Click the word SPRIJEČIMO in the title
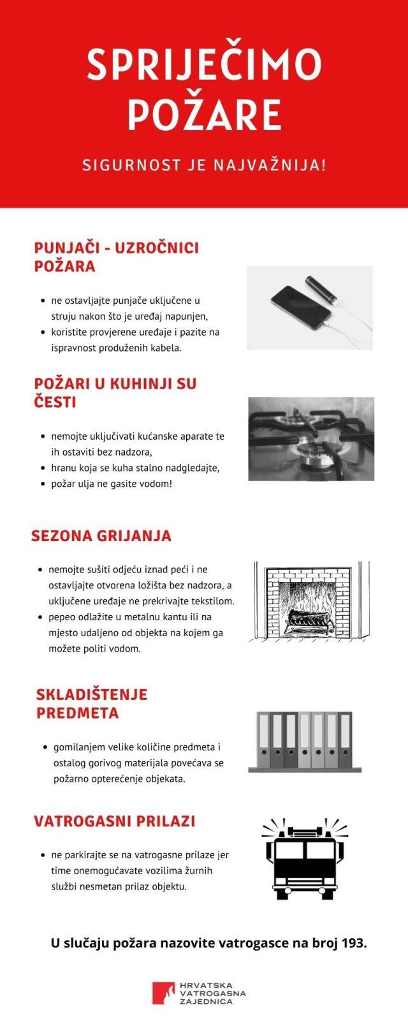pyautogui.click(x=204, y=65)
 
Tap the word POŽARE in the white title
pyautogui.click(x=204, y=115)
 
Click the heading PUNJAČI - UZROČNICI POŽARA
pyautogui.click(x=116, y=257)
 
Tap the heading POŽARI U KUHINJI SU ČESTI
pyautogui.click(x=115, y=392)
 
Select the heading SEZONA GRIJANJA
pyautogui.click(x=101, y=535)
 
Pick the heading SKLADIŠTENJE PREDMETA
pyautogui.click(x=91, y=703)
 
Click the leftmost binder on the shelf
pyautogui.click(x=264, y=740)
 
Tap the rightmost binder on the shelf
pyautogui.click(x=345, y=740)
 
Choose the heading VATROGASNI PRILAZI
pyautogui.click(x=114, y=821)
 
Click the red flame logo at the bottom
pyautogui.click(x=163, y=993)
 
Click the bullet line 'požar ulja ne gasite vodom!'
pyautogui.click(x=111, y=484)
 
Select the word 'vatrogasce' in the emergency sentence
pyautogui.click(x=242, y=943)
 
